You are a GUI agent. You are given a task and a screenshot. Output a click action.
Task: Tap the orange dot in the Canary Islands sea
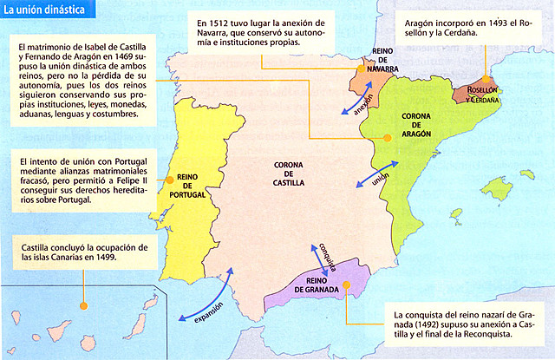pyautogui.click(x=82, y=304)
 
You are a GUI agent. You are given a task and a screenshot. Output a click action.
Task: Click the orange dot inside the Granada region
pyautogui.click(x=345, y=284)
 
